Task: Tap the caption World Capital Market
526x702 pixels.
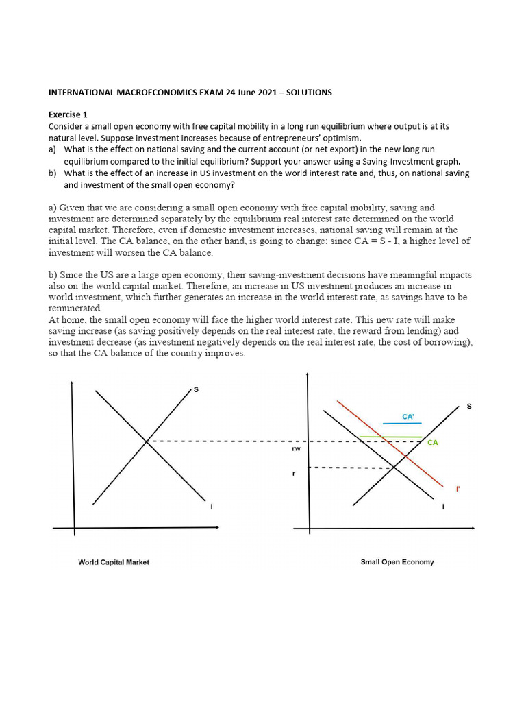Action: (114, 562)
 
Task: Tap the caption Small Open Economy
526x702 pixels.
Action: (397, 562)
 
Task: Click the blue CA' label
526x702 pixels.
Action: (409, 415)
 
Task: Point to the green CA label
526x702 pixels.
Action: (432, 443)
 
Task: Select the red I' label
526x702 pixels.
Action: (458, 489)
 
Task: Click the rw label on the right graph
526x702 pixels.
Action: (296, 449)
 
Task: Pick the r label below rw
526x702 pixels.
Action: (295, 474)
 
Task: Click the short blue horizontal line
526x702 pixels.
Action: (401, 424)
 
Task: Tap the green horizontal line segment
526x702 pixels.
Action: (390, 437)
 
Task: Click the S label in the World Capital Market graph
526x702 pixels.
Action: (196, 389)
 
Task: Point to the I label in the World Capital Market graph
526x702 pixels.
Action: (211, 507)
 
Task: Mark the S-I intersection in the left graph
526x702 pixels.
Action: (147, 441)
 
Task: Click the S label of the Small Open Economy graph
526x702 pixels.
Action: (468, 407)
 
